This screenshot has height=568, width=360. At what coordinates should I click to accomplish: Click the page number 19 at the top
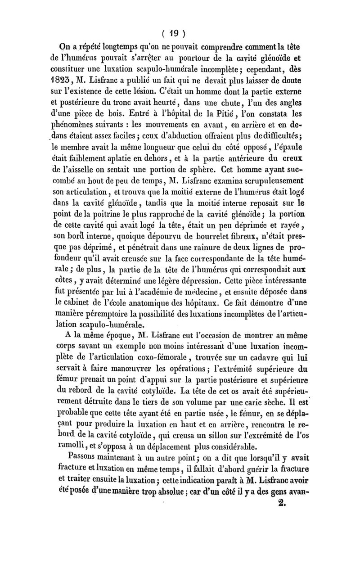[174, 33]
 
